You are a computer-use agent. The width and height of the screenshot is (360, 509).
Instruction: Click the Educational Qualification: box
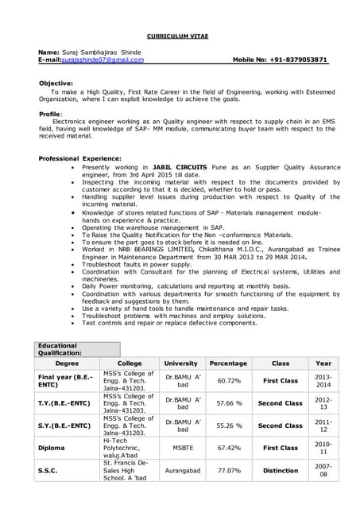coord(78,348)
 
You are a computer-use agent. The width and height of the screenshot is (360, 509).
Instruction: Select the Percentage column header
coord(229,363)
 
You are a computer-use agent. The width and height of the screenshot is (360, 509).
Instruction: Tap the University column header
coord(182,363)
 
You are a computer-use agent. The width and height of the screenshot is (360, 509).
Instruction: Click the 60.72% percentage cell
coord(229,381)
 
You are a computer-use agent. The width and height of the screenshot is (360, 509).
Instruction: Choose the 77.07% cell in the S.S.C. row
coord(229,470)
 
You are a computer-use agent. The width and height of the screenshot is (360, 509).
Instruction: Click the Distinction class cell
coord(281,470)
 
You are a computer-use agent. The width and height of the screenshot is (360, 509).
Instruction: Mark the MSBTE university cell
coord(182,448)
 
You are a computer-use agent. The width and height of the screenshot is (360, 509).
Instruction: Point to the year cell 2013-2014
coord(323,381)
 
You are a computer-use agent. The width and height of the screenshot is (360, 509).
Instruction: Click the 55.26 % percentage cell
coord(229,425)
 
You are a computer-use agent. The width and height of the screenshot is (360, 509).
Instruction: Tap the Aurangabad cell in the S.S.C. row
coord(182,470)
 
